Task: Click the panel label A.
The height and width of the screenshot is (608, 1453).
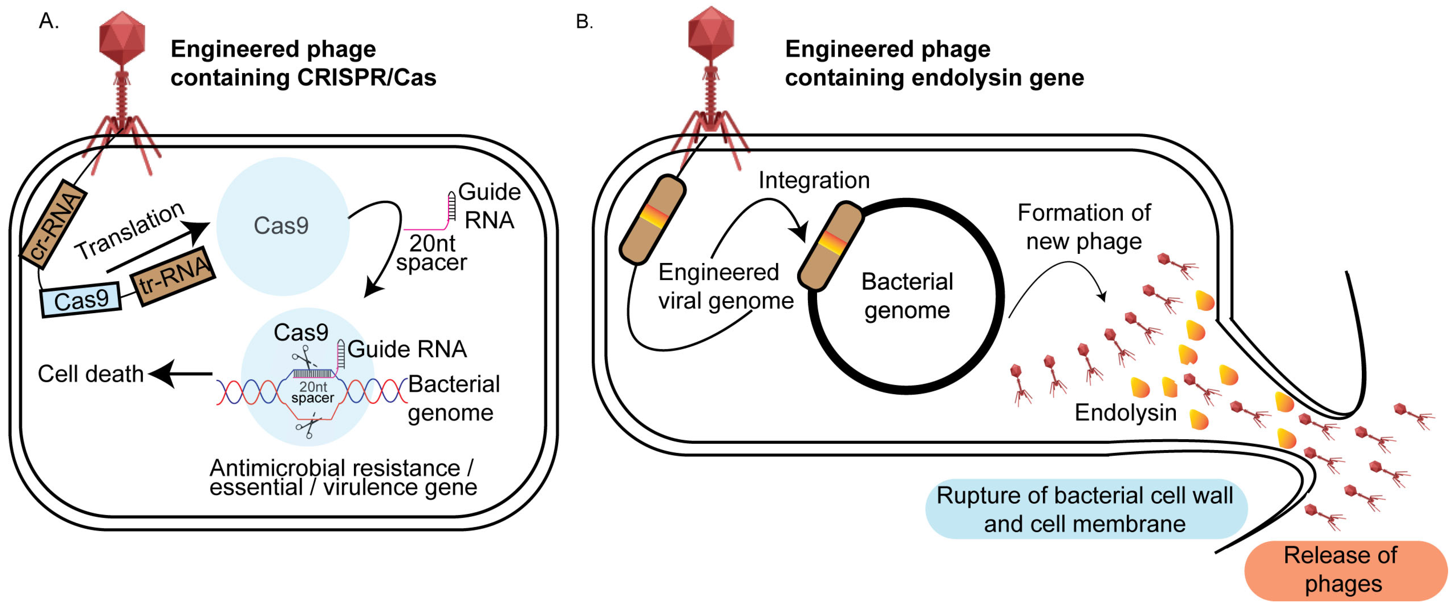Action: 48,21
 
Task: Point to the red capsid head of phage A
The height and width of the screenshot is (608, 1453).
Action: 122,38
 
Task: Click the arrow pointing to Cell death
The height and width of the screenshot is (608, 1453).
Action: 181,374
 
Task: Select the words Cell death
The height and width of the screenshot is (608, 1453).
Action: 90,374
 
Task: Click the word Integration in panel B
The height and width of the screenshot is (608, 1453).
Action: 813,180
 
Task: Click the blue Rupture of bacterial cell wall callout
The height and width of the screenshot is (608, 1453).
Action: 1085,510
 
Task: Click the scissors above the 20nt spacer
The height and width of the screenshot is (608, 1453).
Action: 304,357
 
